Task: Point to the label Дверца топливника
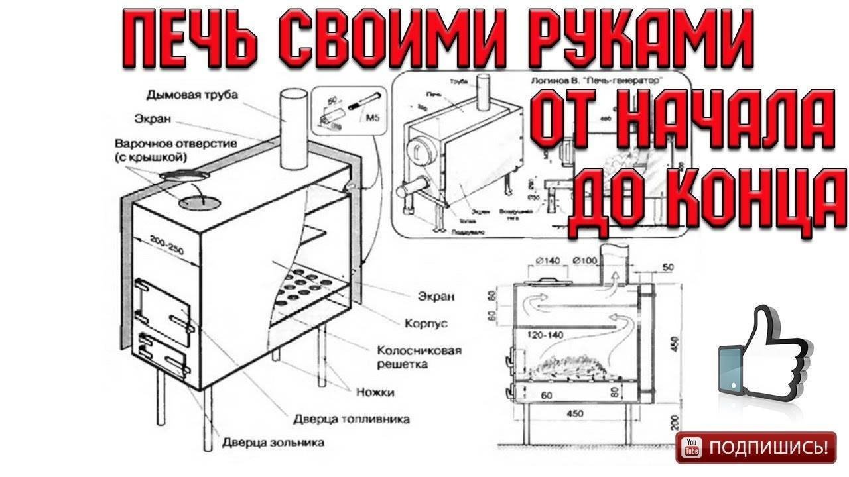[352, 419]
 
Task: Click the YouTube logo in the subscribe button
[692, 448]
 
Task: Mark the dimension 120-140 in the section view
[545, 335]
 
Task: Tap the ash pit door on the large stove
[163, 352]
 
